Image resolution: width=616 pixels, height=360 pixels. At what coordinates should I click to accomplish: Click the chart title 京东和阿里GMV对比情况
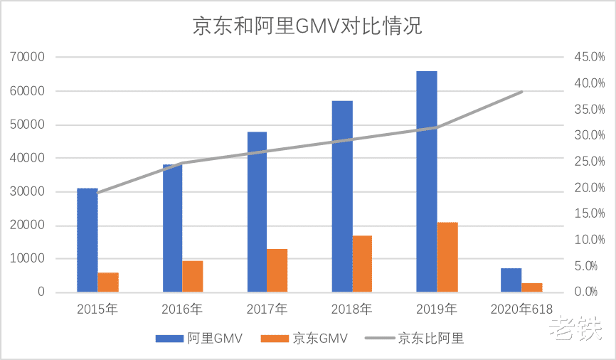[307, 26]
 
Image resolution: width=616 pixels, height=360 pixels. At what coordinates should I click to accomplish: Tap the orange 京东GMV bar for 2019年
[447, 257]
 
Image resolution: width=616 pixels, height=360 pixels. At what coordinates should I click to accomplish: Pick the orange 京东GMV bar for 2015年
[108, 282]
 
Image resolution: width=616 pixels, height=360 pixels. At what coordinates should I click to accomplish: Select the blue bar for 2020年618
[511, 280]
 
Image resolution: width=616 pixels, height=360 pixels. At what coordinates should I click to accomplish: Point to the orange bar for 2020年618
[532, 287]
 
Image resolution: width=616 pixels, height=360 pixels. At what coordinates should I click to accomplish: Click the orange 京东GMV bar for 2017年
[277, 270]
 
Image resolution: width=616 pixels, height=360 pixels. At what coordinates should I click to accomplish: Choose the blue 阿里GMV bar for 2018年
[342, 196]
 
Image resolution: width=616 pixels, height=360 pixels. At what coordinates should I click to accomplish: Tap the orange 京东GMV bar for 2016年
[193, 276]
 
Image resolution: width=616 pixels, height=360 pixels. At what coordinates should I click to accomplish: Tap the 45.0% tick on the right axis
[590, 57]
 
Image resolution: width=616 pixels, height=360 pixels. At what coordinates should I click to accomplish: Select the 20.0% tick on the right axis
[590, 188]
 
